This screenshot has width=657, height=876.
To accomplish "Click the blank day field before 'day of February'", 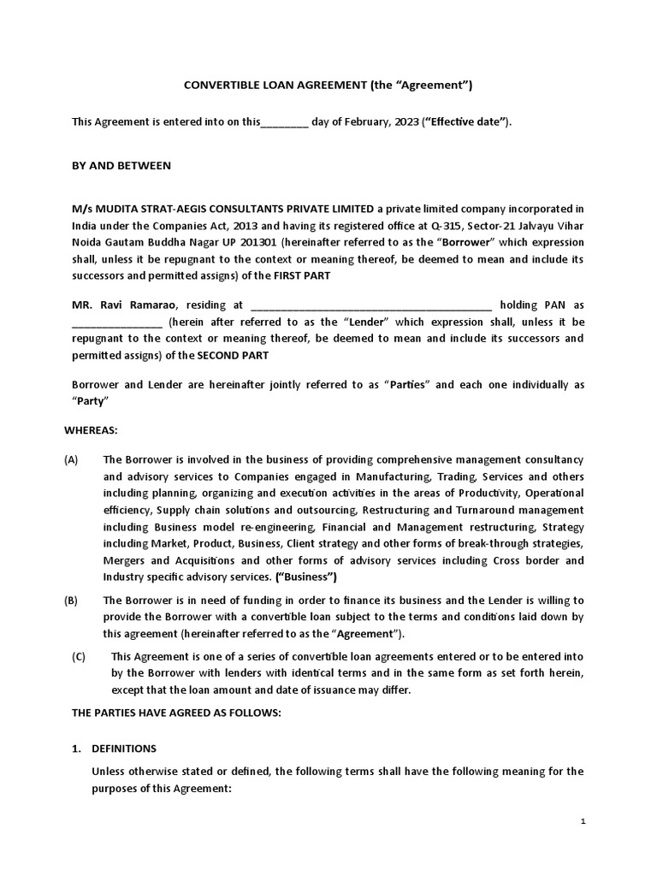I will point(283,122).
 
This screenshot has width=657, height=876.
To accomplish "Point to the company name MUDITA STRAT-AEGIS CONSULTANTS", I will point(223,209).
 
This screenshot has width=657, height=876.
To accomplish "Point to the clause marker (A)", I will point(71,460).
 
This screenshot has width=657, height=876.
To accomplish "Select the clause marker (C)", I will point(80,657).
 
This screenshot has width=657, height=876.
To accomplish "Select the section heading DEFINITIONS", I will point(124,749).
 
